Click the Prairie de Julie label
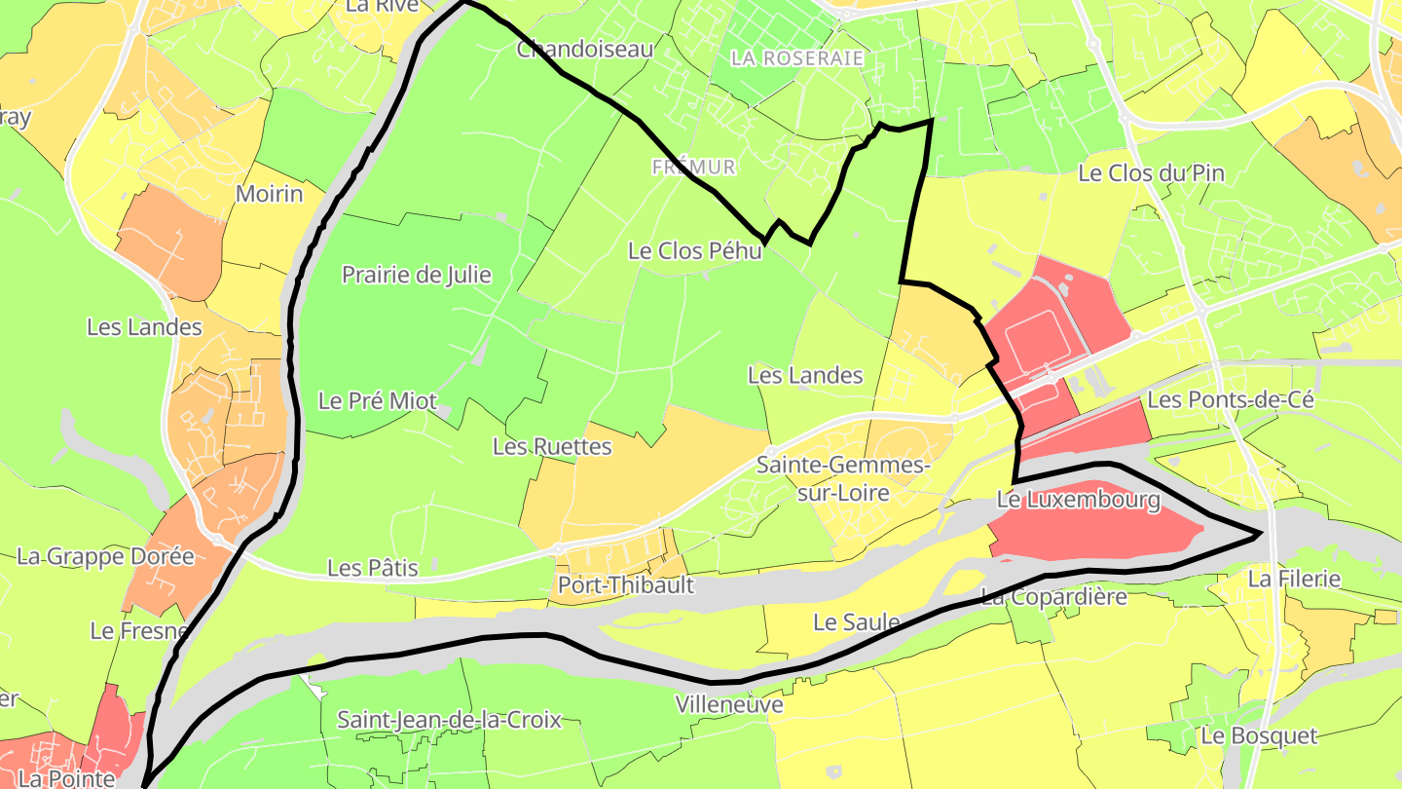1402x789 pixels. pyautogui.click(x=416, y=275)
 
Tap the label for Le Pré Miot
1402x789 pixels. pyautogui.click(x=378, y=400)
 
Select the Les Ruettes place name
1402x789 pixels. pyautogui.click(x=552, y=446)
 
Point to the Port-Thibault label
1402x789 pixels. pyautogui.click(x=626, y=585)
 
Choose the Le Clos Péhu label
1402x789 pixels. pyautogui.click(x=694, y=250)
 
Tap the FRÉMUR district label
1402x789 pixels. pyautogui.click(x=693, y=168)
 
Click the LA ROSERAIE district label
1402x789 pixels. pyautogui.click(x=796, y=58)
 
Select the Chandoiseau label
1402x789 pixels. pyautogui.click(x=584, y=48)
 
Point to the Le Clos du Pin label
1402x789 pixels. pyautogui.click(x=1151, y=173)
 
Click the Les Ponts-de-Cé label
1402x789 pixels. pyautogui.click(x=1231, y=399)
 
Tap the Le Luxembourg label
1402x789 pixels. pyautogui.click(x=1078, y=501)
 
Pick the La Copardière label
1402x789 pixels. pyautogui.click(x=1053, y=595)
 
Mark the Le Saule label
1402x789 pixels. pyautogui.click(x=856, y=621)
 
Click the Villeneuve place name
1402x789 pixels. pyautogui.click(x=729, y=703)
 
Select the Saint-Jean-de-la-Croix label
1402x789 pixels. pyautogui.click(x=449, y=720)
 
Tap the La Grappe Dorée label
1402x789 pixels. pyautogui.click(x=105, y=556)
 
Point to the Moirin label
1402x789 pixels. pyautogui.click(x=269, y=194)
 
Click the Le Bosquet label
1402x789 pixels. pyautogui.click(x=1258, y=735)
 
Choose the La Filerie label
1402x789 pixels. pyautogui.click(x=1294, y=579)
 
